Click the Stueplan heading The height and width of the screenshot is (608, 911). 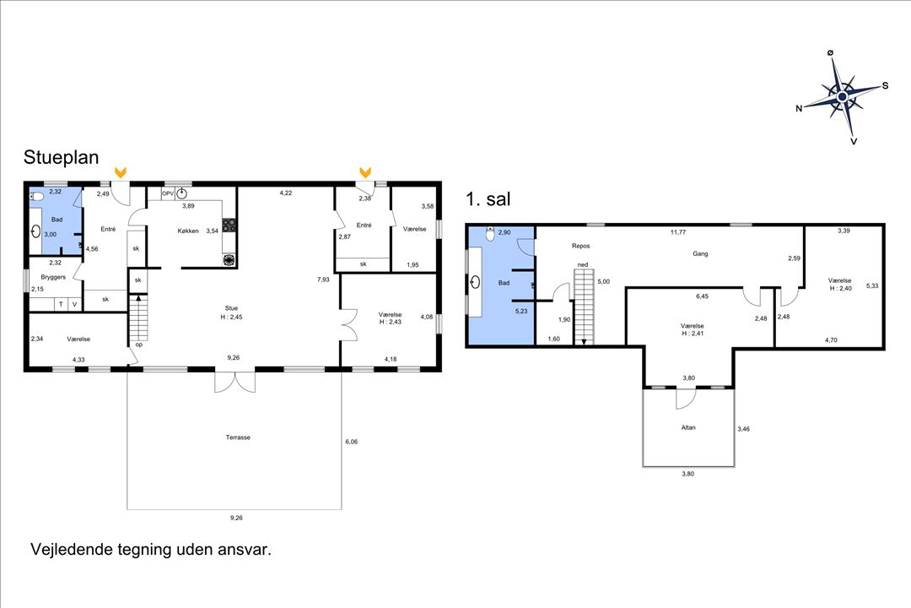coord(61,158)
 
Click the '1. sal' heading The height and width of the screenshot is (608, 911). coord(488,199)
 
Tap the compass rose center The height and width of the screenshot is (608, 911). coord(842,96)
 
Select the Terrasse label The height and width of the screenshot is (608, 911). coord(238,437)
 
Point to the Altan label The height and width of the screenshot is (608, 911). coord(688,427)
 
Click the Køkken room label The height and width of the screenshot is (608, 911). coord(188,231)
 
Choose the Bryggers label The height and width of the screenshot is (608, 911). coord(53,278)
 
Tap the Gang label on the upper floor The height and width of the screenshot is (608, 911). coord(700,253)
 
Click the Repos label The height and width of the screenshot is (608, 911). coord(580,246)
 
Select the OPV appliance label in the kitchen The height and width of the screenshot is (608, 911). coord(167,193)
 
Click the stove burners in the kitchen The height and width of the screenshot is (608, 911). coord(229,225)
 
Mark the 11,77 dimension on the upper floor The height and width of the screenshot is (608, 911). coord(678,232)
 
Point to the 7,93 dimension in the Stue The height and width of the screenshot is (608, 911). coord(323,280)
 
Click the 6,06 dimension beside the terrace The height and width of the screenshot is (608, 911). coord(352,442)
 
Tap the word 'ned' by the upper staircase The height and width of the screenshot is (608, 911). coord(583,264)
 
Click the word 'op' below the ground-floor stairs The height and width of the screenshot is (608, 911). coord(139,345)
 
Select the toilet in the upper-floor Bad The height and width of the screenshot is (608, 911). coord(490,234)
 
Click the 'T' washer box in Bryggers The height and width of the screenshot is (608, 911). coord(61,304)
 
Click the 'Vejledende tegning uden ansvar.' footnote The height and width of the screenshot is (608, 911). coord(151,550)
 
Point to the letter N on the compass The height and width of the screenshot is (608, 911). coord(799,108)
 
